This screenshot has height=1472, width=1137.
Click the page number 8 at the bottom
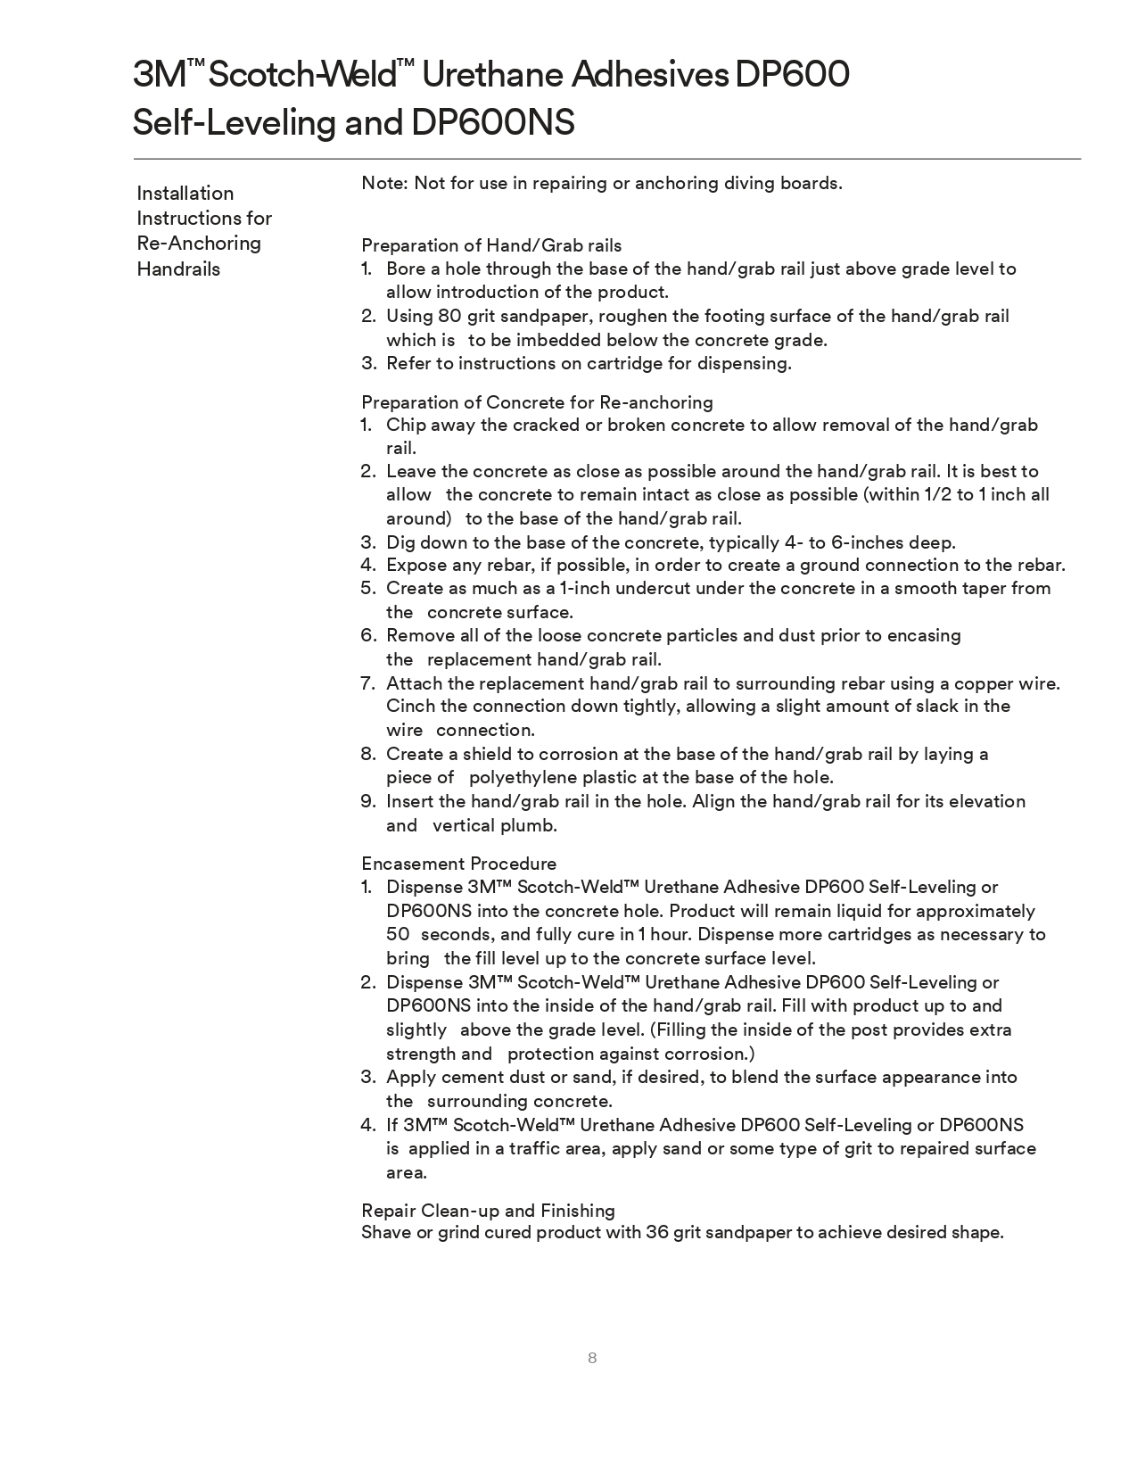point(592,1358)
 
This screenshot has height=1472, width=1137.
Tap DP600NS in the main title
point(492,122)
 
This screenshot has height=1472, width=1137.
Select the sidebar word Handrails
point(178,269)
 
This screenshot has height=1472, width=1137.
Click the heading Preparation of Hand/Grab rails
point(491,245)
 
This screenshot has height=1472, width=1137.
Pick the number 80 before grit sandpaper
point(449,316)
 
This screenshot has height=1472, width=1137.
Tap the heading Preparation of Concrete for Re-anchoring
point(537,402)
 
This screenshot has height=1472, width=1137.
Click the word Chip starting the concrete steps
point(406,425)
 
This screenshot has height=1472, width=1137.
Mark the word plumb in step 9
point(532,825)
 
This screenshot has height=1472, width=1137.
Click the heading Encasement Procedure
point(458,864)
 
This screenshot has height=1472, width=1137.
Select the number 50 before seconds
point(398,934)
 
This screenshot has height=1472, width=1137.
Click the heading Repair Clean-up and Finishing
point(488,1211)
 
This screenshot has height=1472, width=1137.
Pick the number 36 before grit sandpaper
point(657,1232)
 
